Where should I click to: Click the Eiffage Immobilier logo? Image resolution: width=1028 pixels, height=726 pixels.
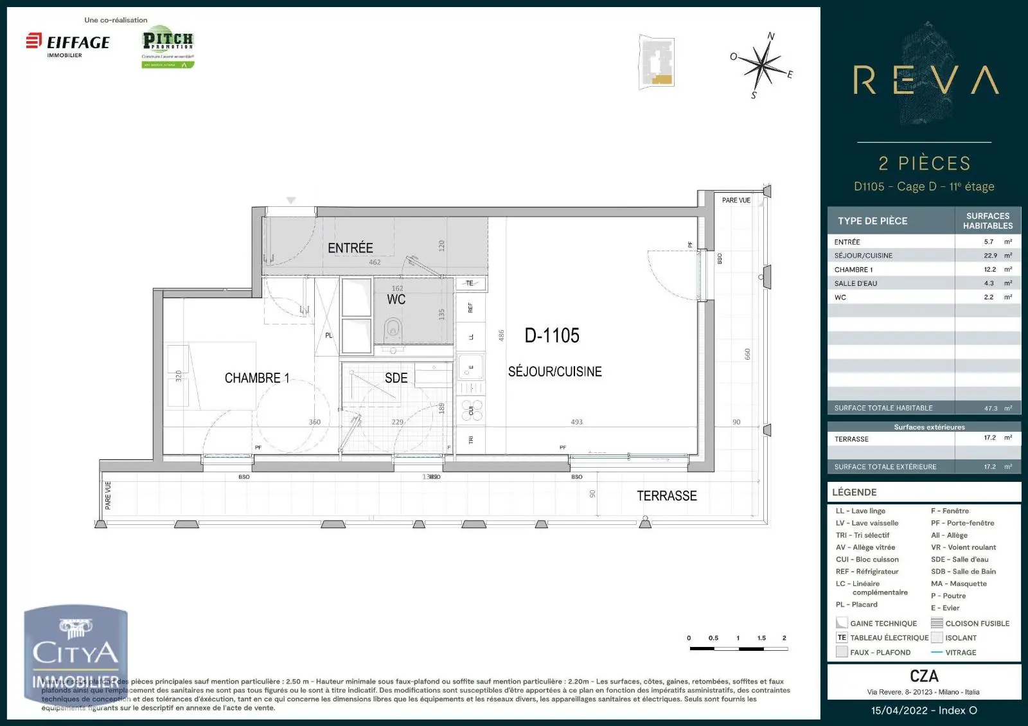click(x=68, y=44)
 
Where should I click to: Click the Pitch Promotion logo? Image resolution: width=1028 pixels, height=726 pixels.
click(x=168, y=46)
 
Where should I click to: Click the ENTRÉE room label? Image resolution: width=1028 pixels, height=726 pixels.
click(x=350, y=248)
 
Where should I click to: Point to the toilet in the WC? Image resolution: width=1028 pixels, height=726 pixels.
click(x=393, y=331)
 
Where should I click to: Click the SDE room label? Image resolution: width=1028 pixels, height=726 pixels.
click(x=396, y=378)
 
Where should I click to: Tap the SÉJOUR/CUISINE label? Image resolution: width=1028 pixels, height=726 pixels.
click(x=554, y=371)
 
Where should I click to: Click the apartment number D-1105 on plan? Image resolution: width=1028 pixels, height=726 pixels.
click(x=552, y=335)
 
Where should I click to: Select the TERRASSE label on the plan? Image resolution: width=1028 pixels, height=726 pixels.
click(x=666, y=496)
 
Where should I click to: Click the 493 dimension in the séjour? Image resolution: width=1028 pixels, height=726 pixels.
click(x=576, y=422)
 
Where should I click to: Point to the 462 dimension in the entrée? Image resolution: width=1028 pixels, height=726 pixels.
click(x=375, y=262)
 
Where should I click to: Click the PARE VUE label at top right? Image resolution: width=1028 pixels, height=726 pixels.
click(x=736, y=200)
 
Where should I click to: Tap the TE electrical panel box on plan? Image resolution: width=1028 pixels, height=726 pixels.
click(x=470, y=283)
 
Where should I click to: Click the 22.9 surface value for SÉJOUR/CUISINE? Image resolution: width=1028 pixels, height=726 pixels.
click(x=990, y=256)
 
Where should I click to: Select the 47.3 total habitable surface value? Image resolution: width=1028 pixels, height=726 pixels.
click(x=991, y=408)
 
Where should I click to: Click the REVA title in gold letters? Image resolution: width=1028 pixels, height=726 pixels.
click(x=925, y=81)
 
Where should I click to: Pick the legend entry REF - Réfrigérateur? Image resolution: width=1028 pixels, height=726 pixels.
click(x=867, y=572)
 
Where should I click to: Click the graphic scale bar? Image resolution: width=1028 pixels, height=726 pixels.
click(x=738, y=649)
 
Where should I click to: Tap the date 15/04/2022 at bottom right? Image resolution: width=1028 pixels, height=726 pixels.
click(x=899, y=711)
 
